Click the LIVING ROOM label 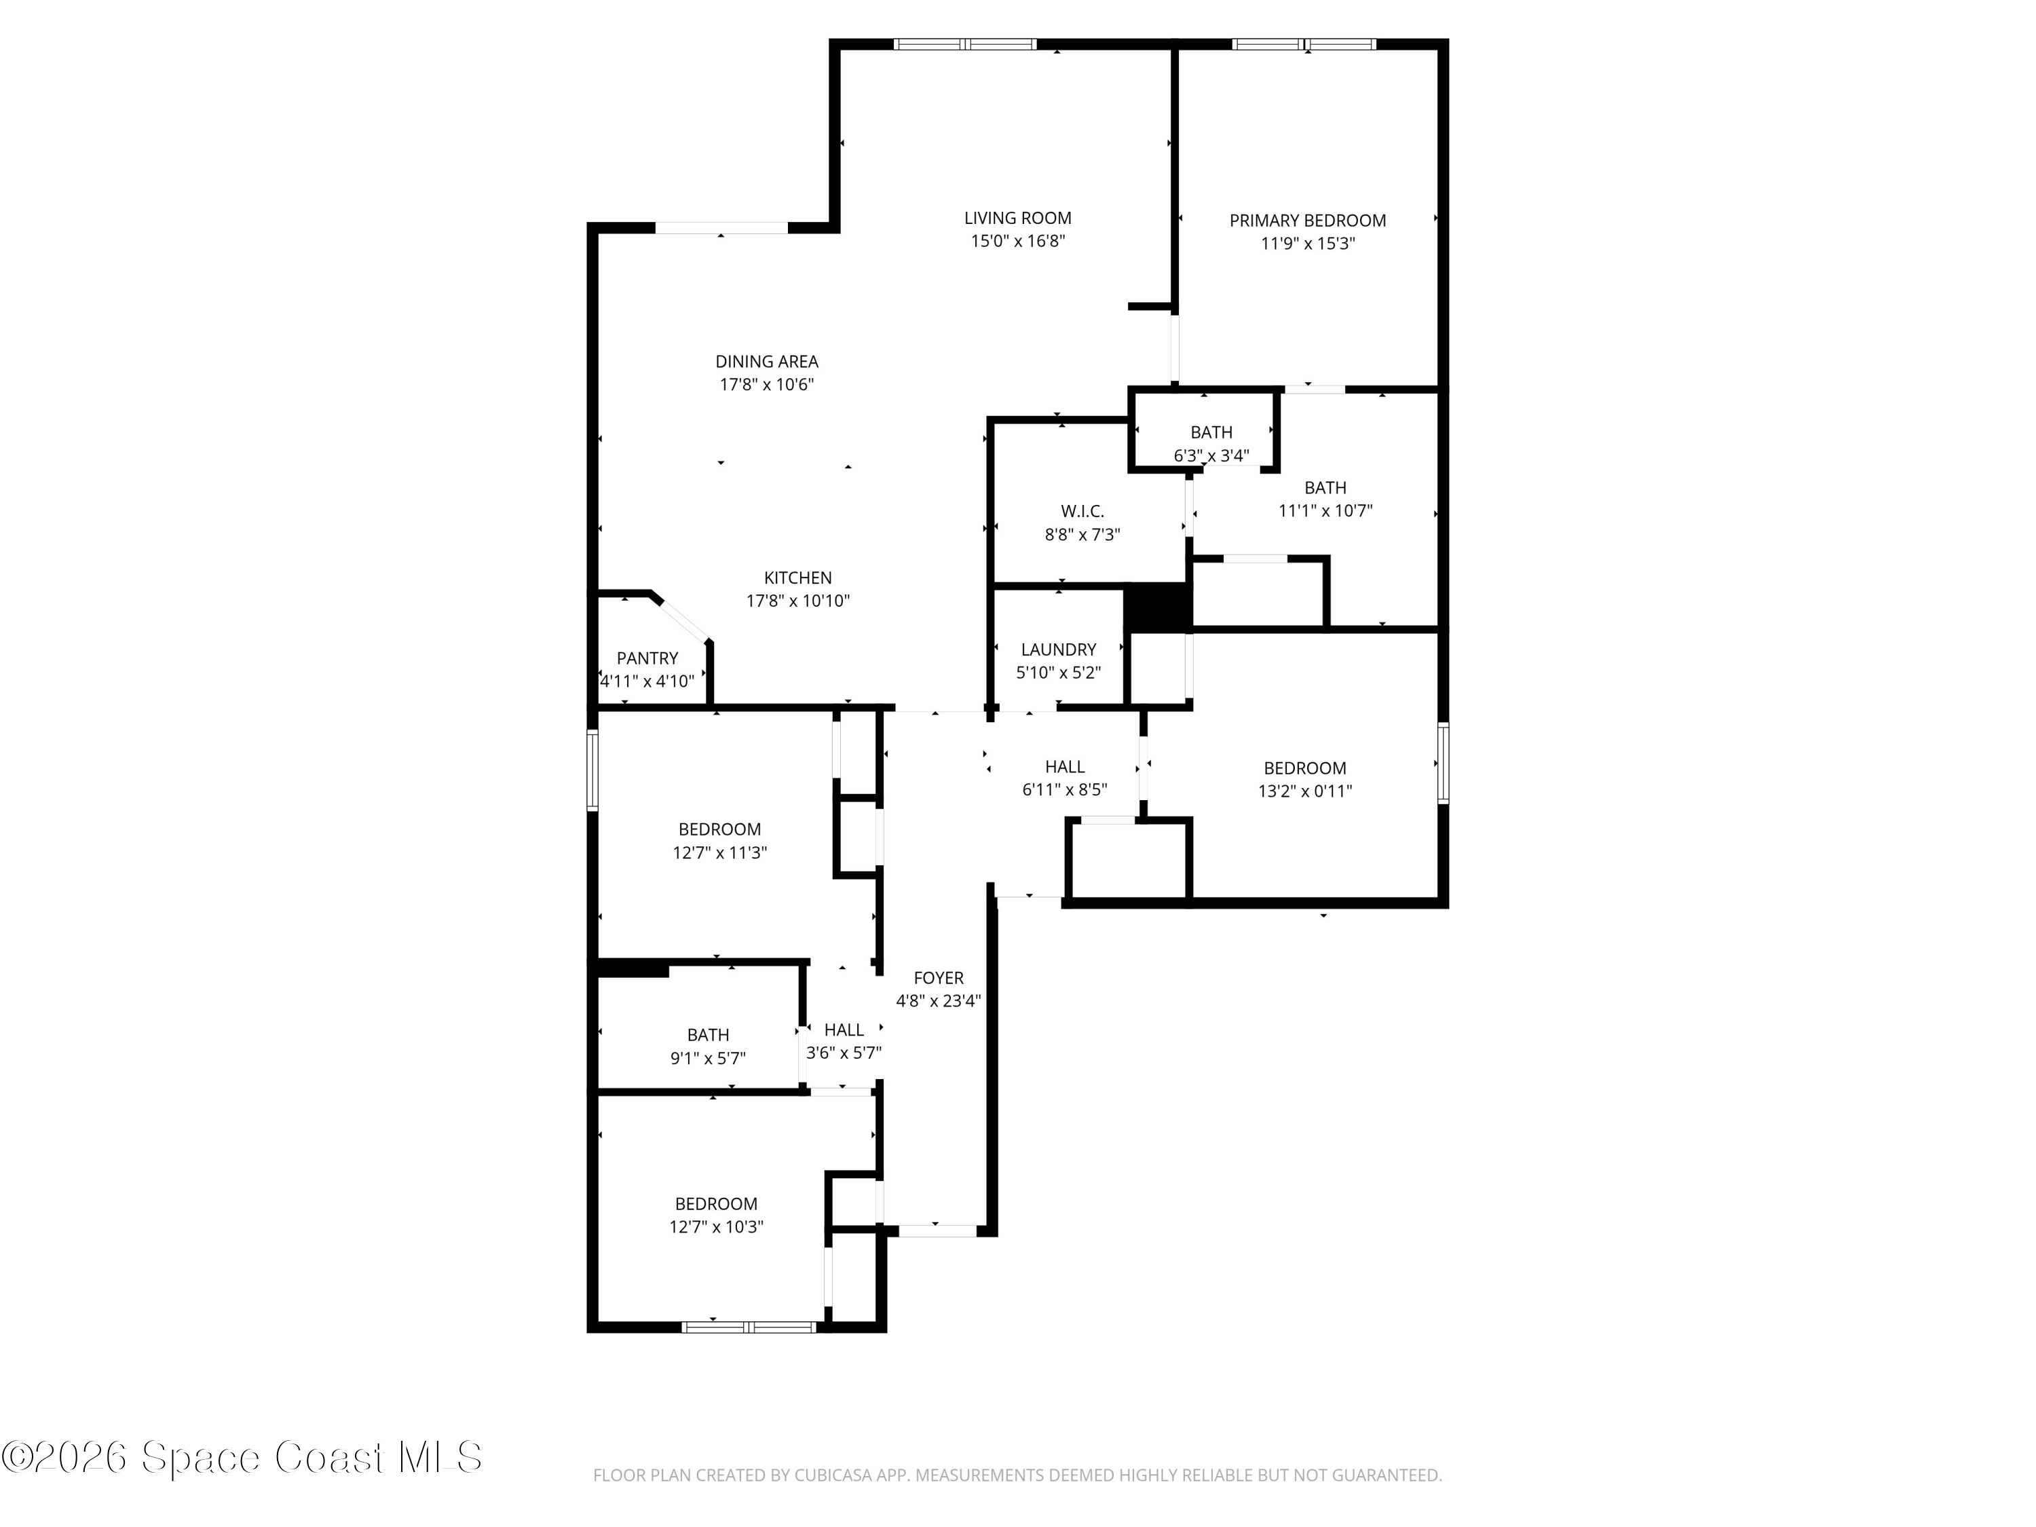coord(1017,218)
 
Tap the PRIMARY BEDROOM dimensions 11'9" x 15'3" coord(1307,244)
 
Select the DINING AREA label coord(767,362)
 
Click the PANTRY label coord(647,658)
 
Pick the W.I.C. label coord(1082,511)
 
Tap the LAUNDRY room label coord(1059,649)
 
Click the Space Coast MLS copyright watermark coord(241,1457)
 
